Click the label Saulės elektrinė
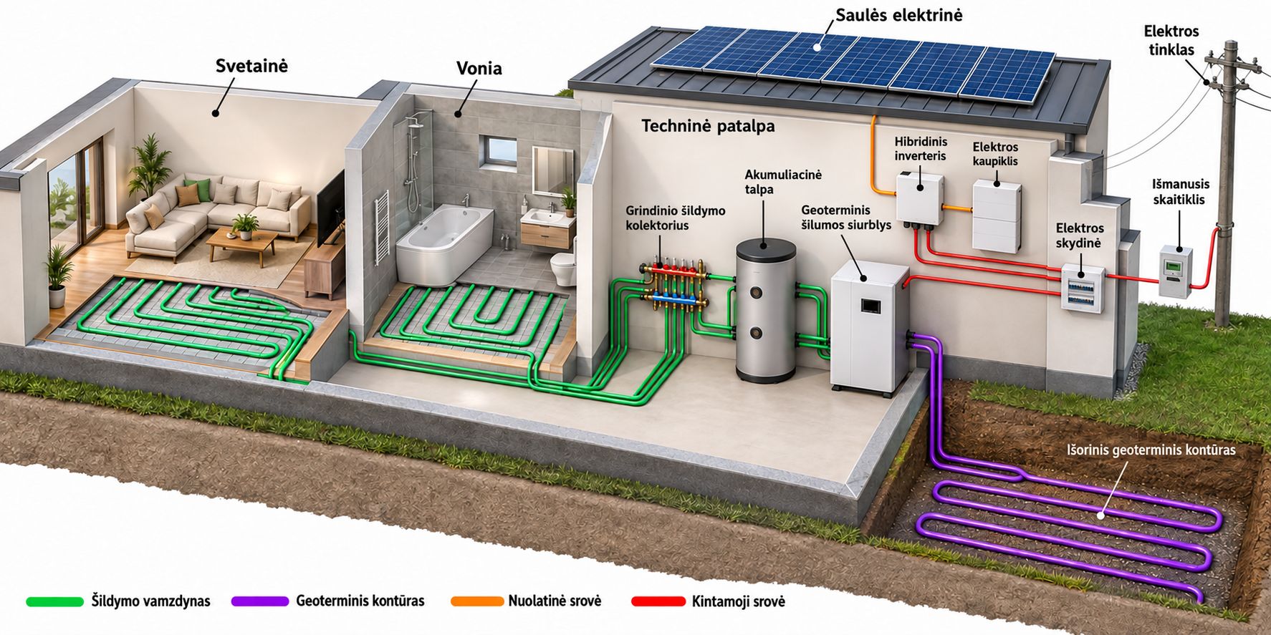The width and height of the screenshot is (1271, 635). [898, 15]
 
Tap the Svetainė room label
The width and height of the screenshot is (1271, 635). [251, 66]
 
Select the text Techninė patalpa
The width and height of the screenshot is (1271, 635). [708, 126]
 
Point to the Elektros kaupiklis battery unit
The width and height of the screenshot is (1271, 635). [996, 215]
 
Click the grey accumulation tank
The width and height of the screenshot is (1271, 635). [766, 311]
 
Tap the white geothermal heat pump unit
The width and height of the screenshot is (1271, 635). [868, 326]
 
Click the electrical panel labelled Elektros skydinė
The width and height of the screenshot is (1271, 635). [1082, 287]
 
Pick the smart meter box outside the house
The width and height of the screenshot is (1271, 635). [1176, 272]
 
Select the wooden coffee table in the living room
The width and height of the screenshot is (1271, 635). [241, 246]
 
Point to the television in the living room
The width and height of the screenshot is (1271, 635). [330, 208]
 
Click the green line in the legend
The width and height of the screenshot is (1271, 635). [54, 601]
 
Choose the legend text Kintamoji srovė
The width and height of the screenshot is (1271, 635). [738, 601]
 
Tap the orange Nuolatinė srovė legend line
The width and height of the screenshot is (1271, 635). [477, 601]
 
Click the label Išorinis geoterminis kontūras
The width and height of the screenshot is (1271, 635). [1151, 450]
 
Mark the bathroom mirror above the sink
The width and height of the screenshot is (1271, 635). [552, 170]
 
